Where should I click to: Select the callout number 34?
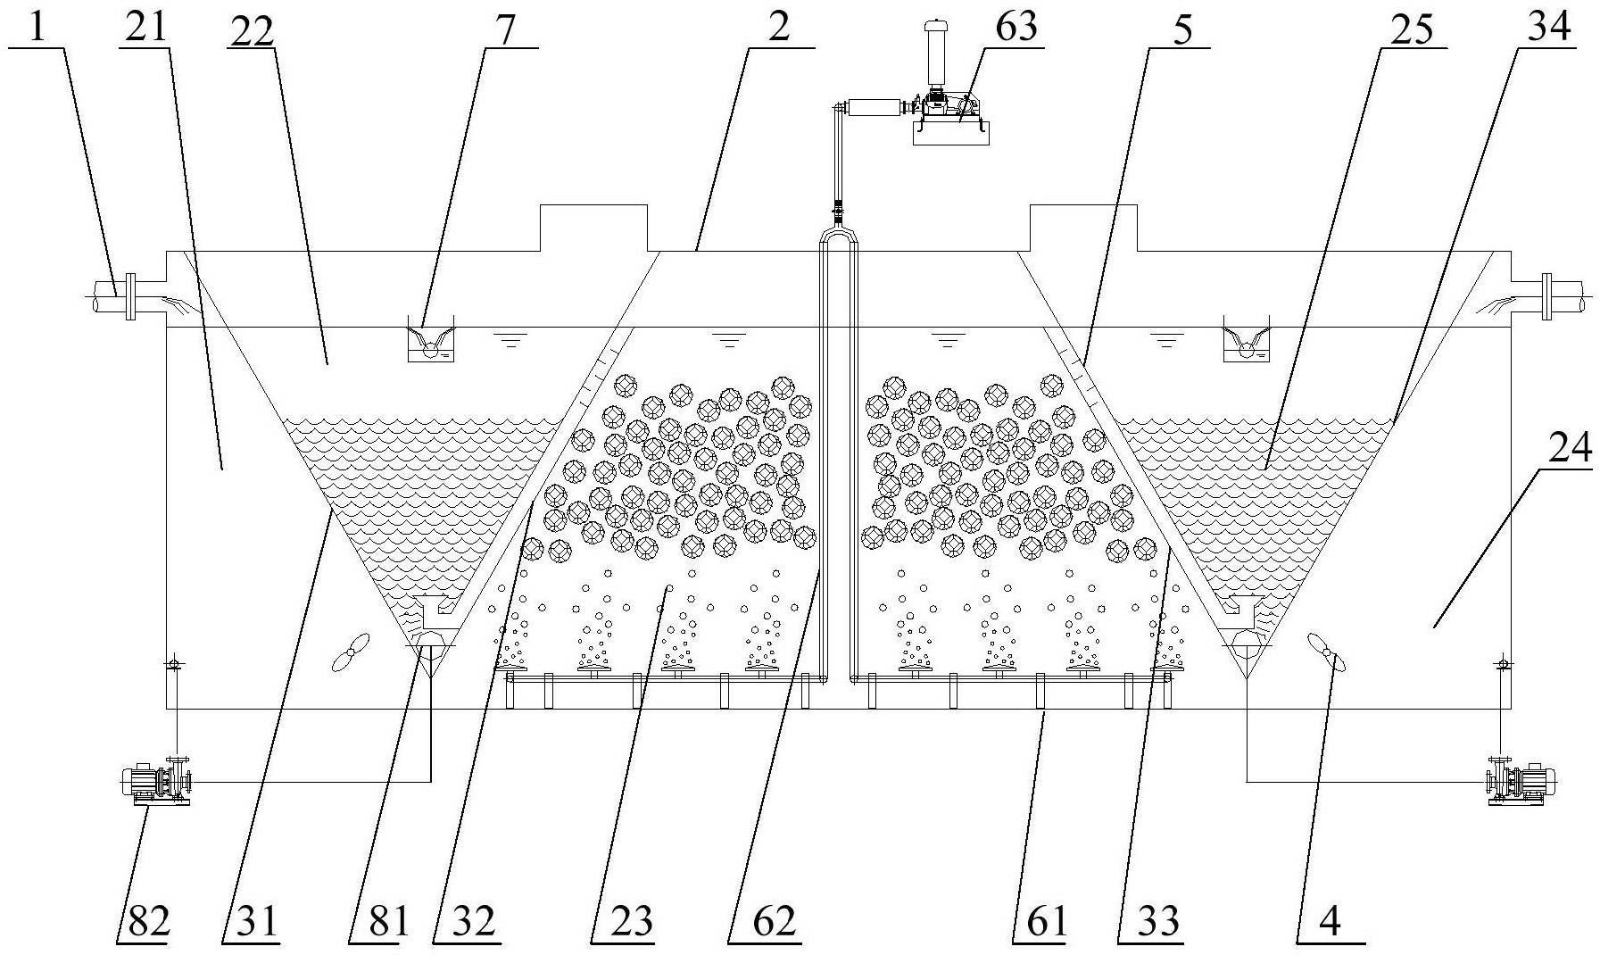(1547, 27)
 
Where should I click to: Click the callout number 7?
(504, 29)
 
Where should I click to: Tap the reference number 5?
(1182, 29)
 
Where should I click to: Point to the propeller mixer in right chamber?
(1326, 652)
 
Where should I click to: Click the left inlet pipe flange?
(131, 295)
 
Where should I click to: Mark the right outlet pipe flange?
(1546, 295)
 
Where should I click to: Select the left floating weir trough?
(430, 340)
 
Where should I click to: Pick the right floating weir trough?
(1246, 340)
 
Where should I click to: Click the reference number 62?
(773, 920)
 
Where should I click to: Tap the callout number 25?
(1410, 29)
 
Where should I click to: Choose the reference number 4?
(1330, 922)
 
